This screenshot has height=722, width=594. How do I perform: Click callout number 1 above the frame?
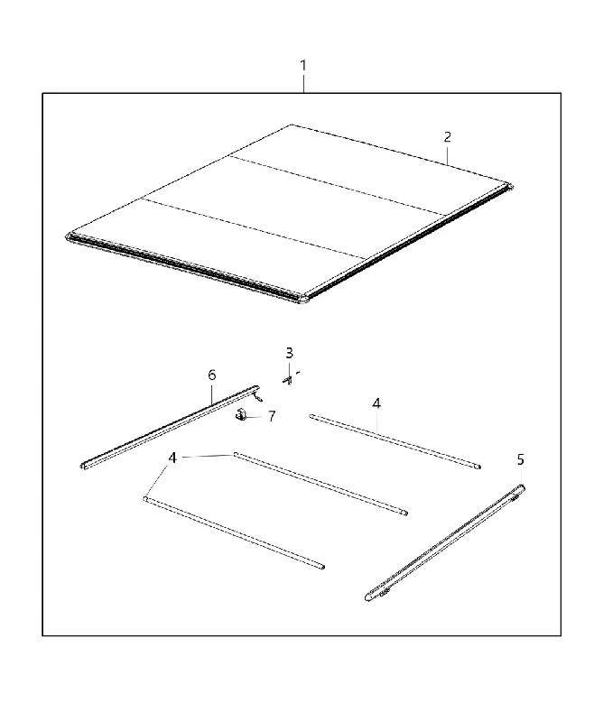pos(303,66)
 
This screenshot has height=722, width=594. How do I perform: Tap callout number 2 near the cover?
pos(447,137)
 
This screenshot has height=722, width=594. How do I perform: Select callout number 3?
pos(289,353)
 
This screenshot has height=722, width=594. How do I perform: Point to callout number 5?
pos(520,459)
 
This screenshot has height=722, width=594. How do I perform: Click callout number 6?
pos(212,375)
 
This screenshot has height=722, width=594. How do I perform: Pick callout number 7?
pos(272,416)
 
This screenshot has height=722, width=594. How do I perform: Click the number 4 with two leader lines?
pos(172,458)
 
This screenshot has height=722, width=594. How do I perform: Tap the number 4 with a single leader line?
pos(376,403)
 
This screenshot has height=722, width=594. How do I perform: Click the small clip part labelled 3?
pos(288,380)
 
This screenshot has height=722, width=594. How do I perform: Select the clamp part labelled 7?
pos(240,415)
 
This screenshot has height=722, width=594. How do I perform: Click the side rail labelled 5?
pos(444,543)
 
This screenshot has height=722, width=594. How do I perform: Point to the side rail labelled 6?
pos(170,427)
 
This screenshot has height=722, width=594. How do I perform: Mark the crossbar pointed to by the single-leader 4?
pos(395,441)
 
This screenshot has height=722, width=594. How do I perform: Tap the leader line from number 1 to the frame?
pos(303,83)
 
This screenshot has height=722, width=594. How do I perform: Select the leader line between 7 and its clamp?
pos(255,417)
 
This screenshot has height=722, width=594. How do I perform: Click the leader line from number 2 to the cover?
pos(447,154)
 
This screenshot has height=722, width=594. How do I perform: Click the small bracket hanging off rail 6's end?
pos(259,395)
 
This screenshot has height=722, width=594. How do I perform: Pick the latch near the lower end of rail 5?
pos(384,592)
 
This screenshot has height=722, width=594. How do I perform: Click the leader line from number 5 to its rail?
pos(521,477)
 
